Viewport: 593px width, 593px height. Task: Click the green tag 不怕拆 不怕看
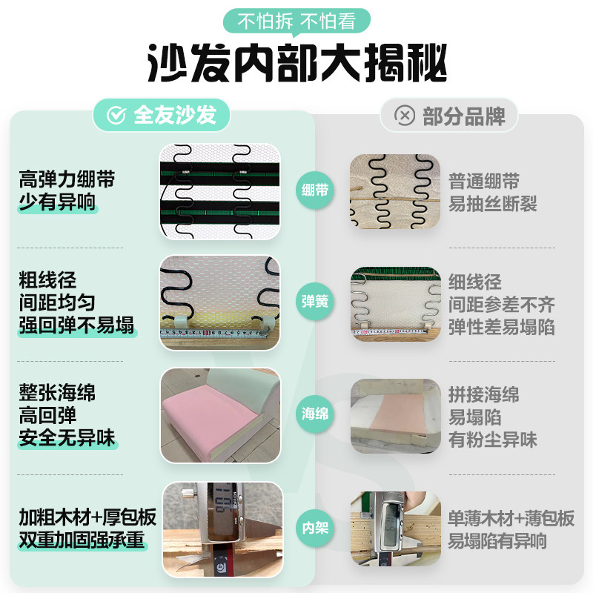296,21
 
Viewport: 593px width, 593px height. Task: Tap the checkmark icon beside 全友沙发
116,115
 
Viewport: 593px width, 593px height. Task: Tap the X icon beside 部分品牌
405,116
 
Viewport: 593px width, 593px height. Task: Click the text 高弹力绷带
67,179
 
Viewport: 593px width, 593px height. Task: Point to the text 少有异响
57,202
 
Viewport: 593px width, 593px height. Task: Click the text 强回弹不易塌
76,325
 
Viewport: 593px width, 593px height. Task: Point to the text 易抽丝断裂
493,204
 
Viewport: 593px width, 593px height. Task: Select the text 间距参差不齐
502,305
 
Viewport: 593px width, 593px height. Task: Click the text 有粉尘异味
493,440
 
